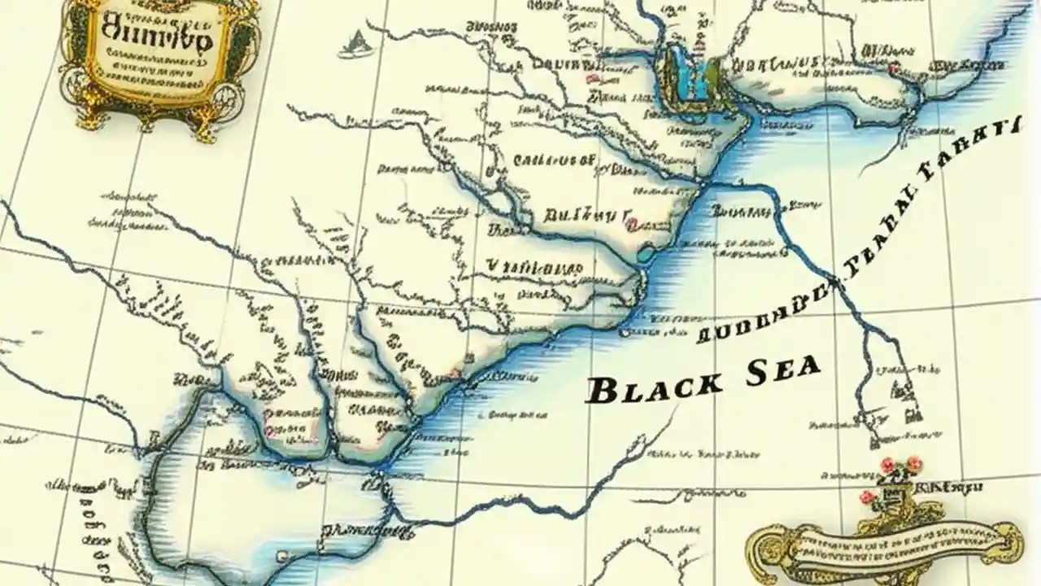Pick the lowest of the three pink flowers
tap(868, 496)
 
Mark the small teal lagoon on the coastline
tap(646, 253)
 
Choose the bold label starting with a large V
tap(534, 266)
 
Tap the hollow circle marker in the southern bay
tap(281, 556)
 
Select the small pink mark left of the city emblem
tap(593, 79)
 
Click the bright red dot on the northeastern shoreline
tap(893, 69)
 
